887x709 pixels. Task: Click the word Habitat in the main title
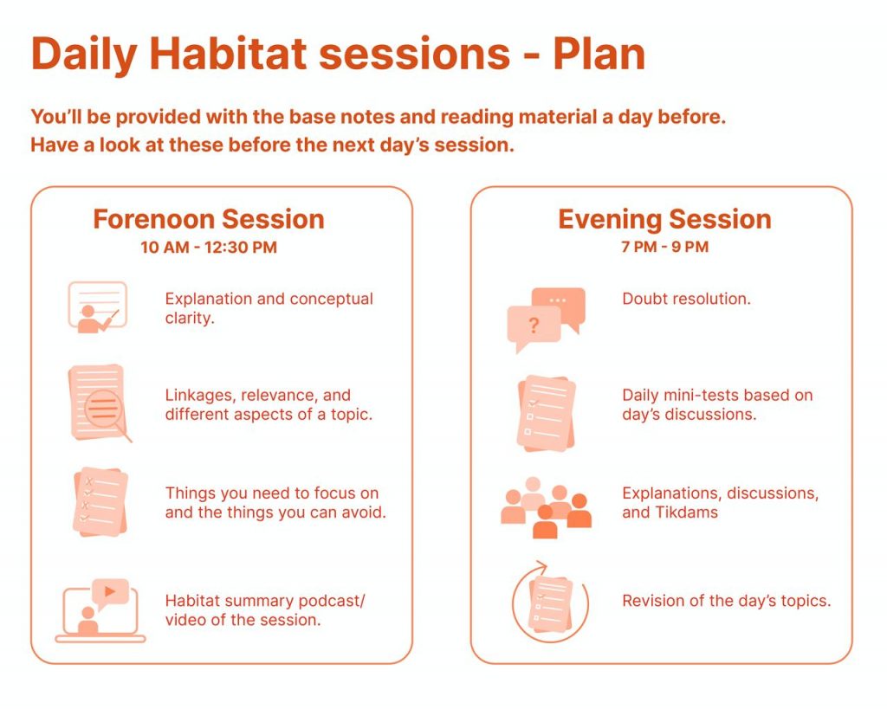click(x=228, y=54)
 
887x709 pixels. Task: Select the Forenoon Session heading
click(x=209, y=219)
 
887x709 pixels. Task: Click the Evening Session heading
click(x=664, y=219)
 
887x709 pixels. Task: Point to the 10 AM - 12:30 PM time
click(x=209, y=247)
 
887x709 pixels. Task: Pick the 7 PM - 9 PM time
click(x=664, y=247)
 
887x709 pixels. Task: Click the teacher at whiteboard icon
click(x=97, y=307)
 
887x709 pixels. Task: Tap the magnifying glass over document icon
click(x=100, y=403)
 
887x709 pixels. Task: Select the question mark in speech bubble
click(x=534, y=325)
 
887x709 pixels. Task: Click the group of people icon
click(x=546, y=507)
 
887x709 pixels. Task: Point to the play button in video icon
click(x=110, y=591)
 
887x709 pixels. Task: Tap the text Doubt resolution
click(x=686, y=299)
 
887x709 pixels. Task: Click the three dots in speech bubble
click(x=558, y=300)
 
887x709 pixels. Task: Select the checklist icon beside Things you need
click(x=100, y=501)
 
